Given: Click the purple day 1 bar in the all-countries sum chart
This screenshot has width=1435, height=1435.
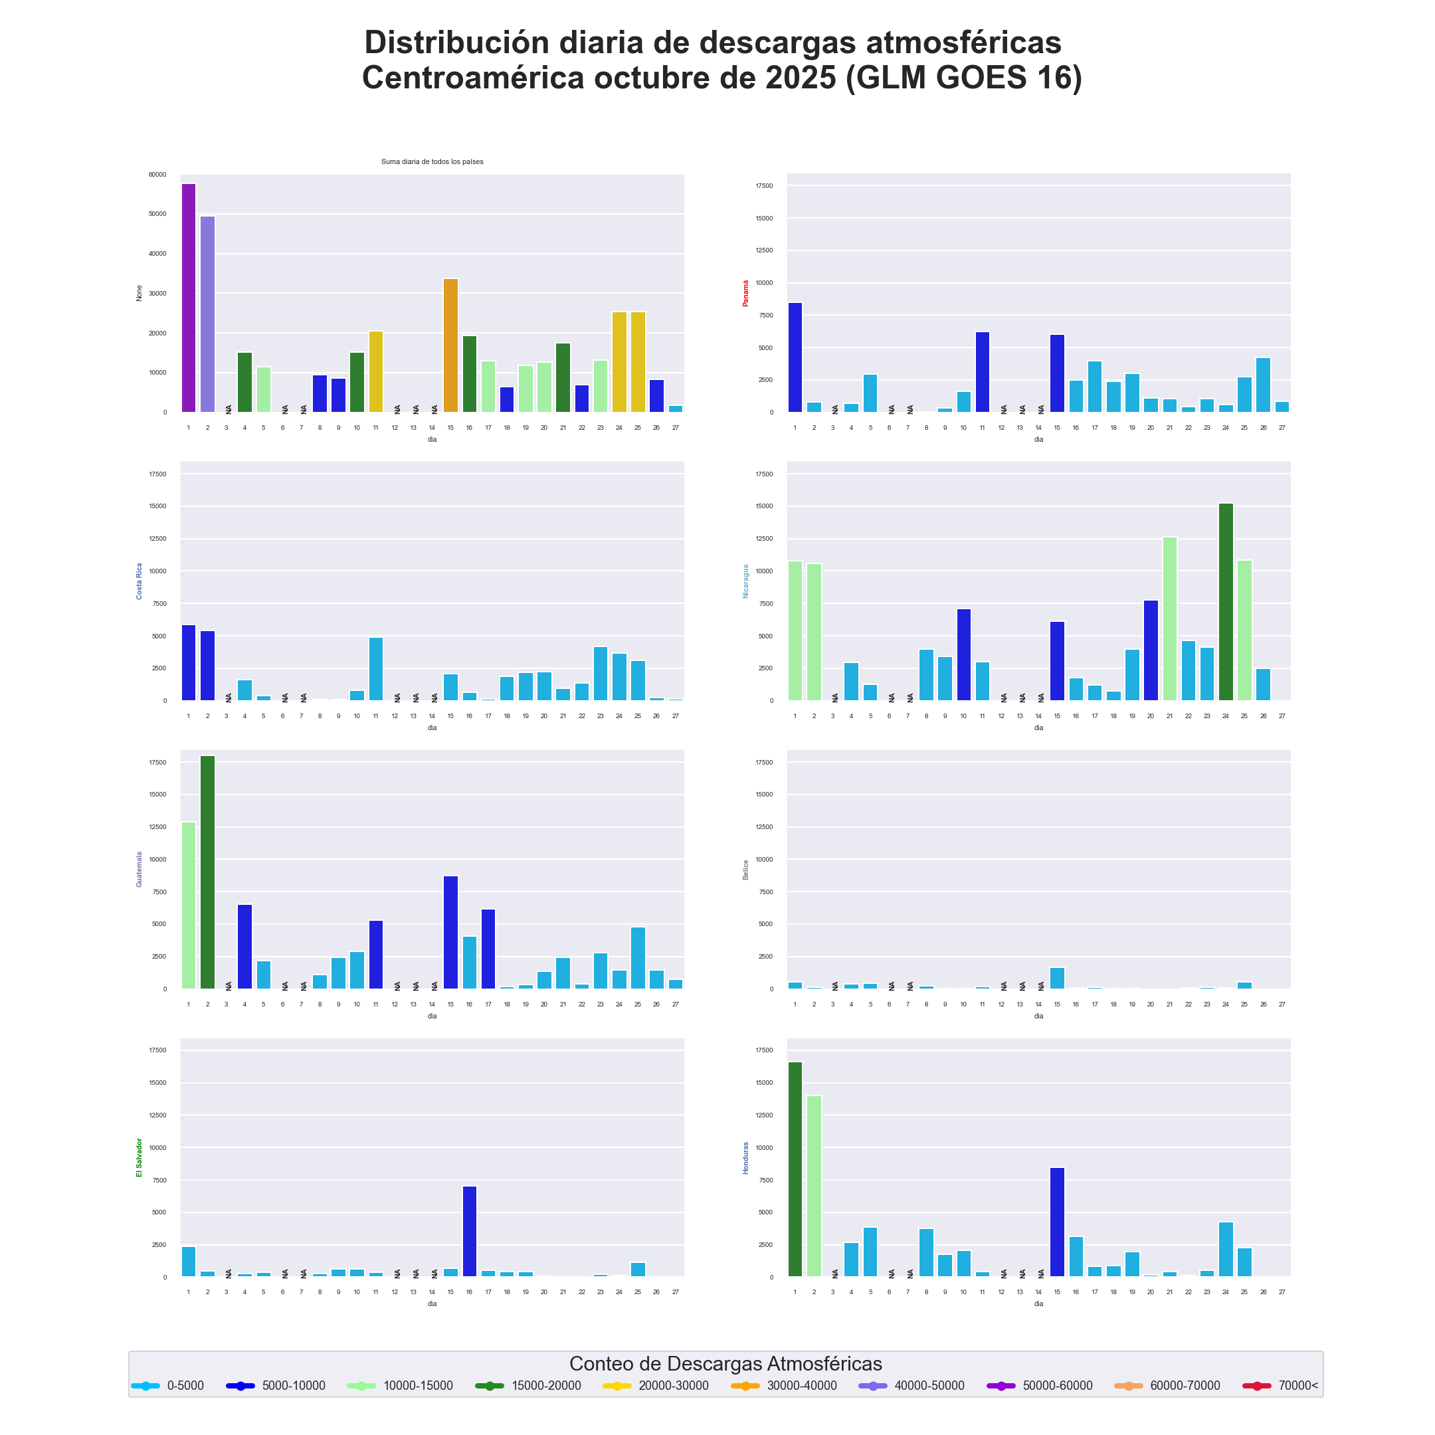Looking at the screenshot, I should pyautogui.click(x=189, y=298).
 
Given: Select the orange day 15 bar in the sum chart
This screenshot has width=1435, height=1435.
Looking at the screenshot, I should pyautogui.click(x=451, y=345).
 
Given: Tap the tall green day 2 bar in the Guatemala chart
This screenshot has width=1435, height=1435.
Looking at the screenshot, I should pyautogui.click(x=207, y=872).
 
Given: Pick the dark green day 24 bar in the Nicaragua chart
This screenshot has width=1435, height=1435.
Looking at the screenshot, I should pyautogui.click(x=1226, y=602).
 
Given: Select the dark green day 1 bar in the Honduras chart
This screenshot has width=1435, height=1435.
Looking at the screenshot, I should pyautogui.click(x=795, y=1169).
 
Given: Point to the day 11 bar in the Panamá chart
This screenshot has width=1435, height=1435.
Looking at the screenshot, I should pyautogui.click(x=982, y=372).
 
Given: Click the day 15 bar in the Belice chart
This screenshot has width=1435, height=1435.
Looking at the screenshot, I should pyautogui.click(x=1057, y=978).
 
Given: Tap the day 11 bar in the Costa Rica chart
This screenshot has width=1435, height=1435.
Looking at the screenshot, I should pyautogui.click(x=376, y=669).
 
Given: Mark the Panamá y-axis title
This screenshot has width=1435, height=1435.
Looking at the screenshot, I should pyautogui.click(x=745, y=294).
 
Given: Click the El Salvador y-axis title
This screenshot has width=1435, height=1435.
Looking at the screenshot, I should pyautogui.click(x=139, y=1158).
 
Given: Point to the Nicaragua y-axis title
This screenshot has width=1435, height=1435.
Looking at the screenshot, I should pyautogui.click(x=745, y=581).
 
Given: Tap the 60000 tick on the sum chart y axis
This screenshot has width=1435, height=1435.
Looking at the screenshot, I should pyautogui.click(x=157, y=175).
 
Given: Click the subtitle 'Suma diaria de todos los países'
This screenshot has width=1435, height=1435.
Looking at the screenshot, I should pyautogui.click(x=432, y=162).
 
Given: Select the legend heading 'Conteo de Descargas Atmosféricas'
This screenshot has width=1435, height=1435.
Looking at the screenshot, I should pyautogui.click(x=725, y=1364).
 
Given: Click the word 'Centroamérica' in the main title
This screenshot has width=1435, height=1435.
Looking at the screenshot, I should pyautogui.click(x=473, y=78).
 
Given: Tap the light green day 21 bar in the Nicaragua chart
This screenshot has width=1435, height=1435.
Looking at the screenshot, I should pyautogui.click(x=1170, y=619).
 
